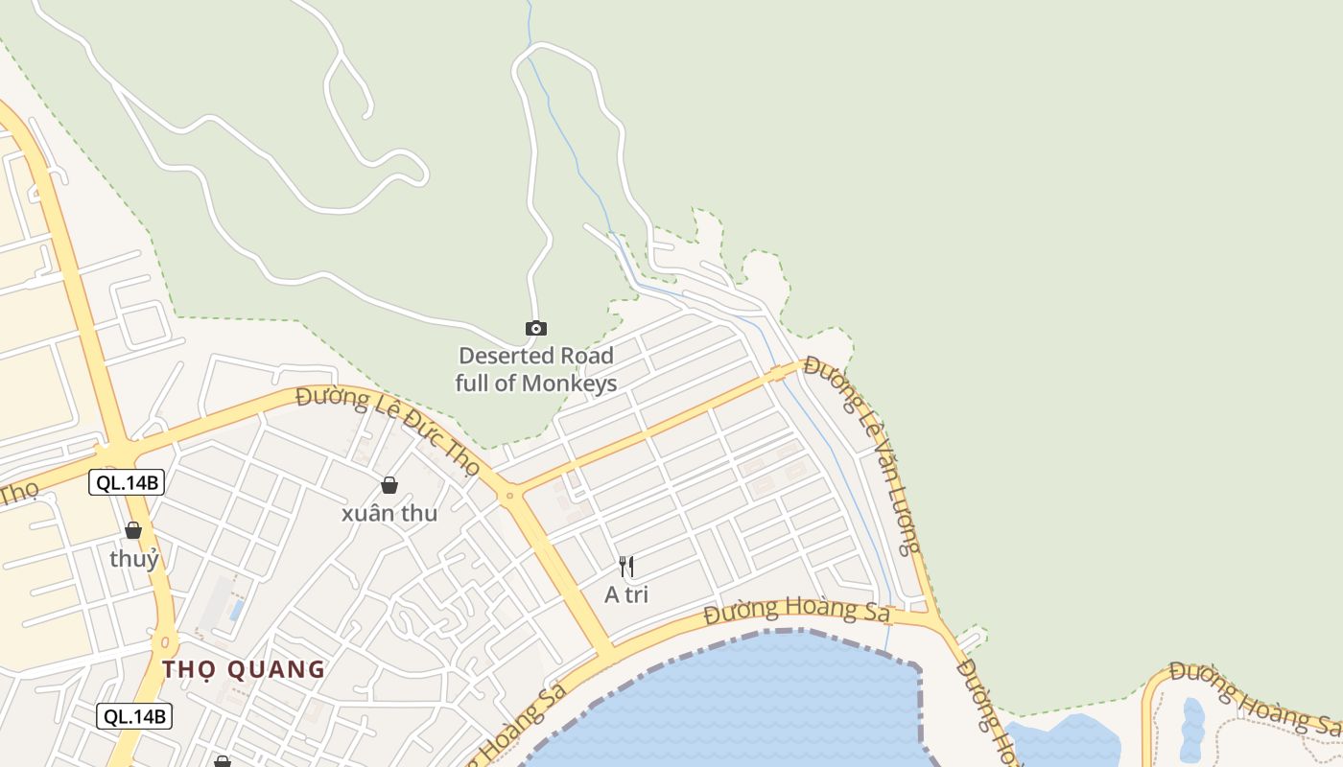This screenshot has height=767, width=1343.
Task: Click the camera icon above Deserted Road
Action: point(536,329)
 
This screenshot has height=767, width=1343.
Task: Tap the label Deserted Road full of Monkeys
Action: point(536,369)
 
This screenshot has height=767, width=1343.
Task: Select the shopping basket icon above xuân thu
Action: point(389,485)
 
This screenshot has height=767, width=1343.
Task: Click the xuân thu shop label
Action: point(389,513)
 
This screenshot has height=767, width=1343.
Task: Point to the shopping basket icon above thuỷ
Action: point(133,530)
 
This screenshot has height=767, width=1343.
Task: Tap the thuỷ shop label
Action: point(134,558)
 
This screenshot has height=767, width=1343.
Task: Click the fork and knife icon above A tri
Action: point(626,567)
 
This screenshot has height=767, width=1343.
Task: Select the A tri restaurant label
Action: point(626,594)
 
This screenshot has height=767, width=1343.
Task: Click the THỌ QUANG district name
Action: point(244,669)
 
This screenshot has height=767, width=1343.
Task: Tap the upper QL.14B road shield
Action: point(127,482)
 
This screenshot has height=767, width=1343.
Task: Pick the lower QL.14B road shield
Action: point(134,715)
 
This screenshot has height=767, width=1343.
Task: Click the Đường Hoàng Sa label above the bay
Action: point(796,610)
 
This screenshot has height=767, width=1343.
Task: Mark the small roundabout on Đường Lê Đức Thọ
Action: point(509,496)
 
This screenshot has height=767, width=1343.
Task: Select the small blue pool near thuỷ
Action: point(236,610)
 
